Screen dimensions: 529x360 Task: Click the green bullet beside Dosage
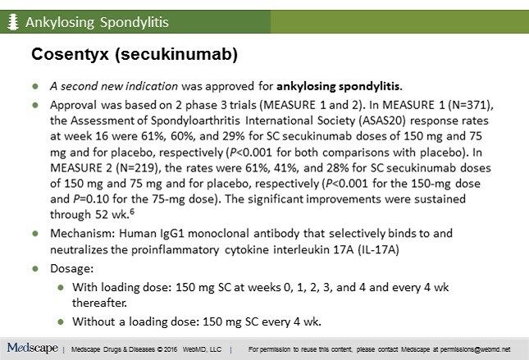[35, 269]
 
